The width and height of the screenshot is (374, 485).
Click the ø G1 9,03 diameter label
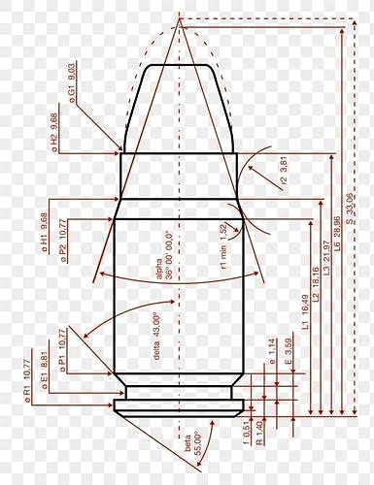pyautogui.click(x=72, y=84)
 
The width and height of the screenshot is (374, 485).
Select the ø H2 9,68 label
pyautogui.click(x=55, y=133)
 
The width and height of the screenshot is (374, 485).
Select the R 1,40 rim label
pyautogui.click(x=259, y=433)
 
